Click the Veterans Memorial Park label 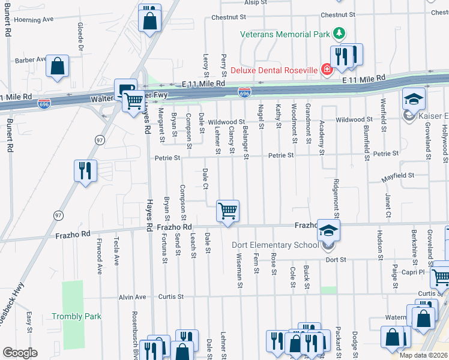point(285,34)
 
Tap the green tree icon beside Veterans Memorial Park point(340,33)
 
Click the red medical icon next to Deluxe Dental point(327,70)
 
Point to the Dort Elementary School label point(274,244)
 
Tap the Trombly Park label point(76,316)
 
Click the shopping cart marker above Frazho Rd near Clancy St point(228,212)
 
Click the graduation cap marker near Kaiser point(414,99)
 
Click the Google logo point(20,353)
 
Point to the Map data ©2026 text point(424,355)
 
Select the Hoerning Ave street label point(34,20)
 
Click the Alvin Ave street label point(132,297)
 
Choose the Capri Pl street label point(414,272)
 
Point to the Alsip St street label point(255,2)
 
